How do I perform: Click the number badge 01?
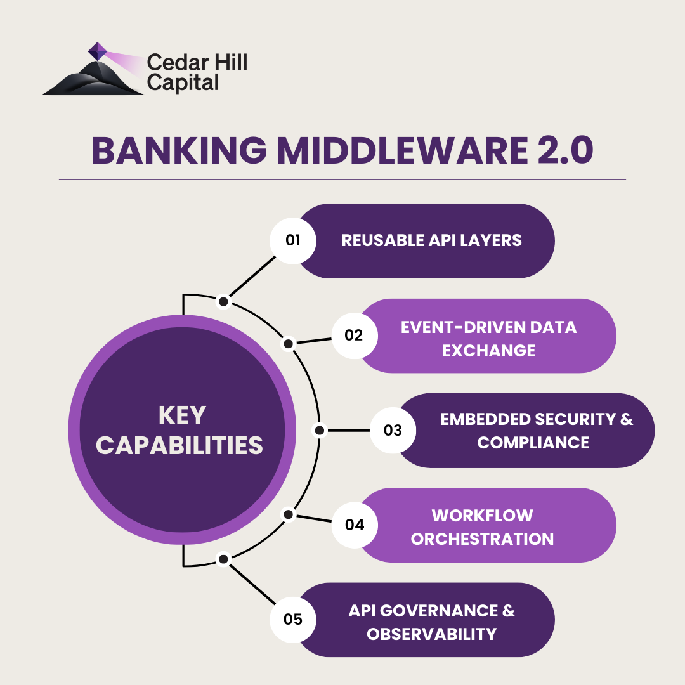pyautogui.click(x=293, y=240)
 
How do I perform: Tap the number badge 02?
pyautogui.click(x=354, y=335)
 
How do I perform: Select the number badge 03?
pyautogui.click(x=393, y=430)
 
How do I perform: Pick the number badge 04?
pyautogui.click(x=354, y=525)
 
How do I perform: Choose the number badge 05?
pyautogui.click(x=293, y=619)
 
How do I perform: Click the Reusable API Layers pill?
pyautogui.click(x=431, y=240)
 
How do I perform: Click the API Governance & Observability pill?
pyautogui.click(x=431, y=622)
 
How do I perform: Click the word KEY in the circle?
pyautogui.click(x=182, y=415)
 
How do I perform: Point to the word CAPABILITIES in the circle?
pyautogui.click(x=179, y=445)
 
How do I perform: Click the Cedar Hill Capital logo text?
pyautogui.click(x=196, y=72)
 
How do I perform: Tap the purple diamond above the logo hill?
pyautogui.click(x=97, y=51)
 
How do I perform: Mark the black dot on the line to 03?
pyautogui.click(x=320, y=431)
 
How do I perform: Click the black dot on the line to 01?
pyautogui.click(x=223, y=302)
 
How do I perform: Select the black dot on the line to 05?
pyautogui.click(x=223, y=559)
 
